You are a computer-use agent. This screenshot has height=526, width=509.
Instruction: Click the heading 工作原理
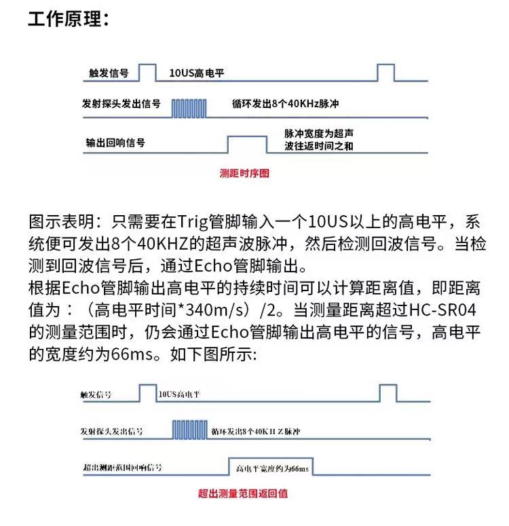coord(68,18)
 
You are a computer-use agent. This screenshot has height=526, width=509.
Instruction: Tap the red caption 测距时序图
coord(244,173)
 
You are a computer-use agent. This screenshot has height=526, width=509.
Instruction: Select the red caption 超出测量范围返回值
coord(242,493)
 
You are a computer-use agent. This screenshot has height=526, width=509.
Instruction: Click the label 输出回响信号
coord(115,143)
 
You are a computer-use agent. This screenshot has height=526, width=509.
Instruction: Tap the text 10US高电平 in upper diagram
coord(197,73)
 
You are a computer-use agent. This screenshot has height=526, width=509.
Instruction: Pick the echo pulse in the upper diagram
coord(247,144)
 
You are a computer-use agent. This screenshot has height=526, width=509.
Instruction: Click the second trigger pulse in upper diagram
coord(385,73)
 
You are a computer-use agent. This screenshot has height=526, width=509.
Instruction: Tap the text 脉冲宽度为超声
coord(318,134)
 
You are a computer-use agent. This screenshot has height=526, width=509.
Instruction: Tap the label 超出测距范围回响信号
coord(122,468)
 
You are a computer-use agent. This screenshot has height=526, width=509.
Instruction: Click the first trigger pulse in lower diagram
coord(147,393)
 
